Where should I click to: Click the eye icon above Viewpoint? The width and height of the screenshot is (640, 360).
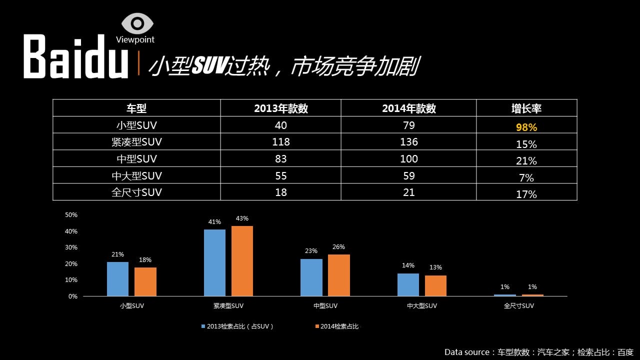(137, 23)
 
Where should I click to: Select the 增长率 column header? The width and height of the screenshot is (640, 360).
(526, 108)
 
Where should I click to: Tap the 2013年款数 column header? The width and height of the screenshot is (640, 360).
(280, 108)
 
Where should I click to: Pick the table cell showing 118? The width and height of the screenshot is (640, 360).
(280, 142)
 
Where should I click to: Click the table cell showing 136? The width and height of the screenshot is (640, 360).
(408, 142)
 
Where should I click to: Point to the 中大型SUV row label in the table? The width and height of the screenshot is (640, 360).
(136, 175)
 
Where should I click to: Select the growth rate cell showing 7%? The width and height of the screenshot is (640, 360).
(526, 177)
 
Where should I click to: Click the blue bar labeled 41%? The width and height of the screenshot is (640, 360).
(214, 262)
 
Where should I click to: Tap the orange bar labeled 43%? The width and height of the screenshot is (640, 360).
(242, 261)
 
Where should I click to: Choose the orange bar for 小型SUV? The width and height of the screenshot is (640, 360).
(145, 281)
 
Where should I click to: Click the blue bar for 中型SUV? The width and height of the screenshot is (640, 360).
(311, 277)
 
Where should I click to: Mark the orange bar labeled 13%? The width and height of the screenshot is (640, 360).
(435, 285)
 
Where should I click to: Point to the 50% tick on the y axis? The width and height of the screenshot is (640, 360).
(71, 215)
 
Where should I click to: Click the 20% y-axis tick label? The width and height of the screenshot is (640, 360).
(71, 263)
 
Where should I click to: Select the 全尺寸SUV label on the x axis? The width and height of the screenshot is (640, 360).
(518, 306)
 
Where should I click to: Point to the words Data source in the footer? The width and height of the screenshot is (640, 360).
(467, 352)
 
